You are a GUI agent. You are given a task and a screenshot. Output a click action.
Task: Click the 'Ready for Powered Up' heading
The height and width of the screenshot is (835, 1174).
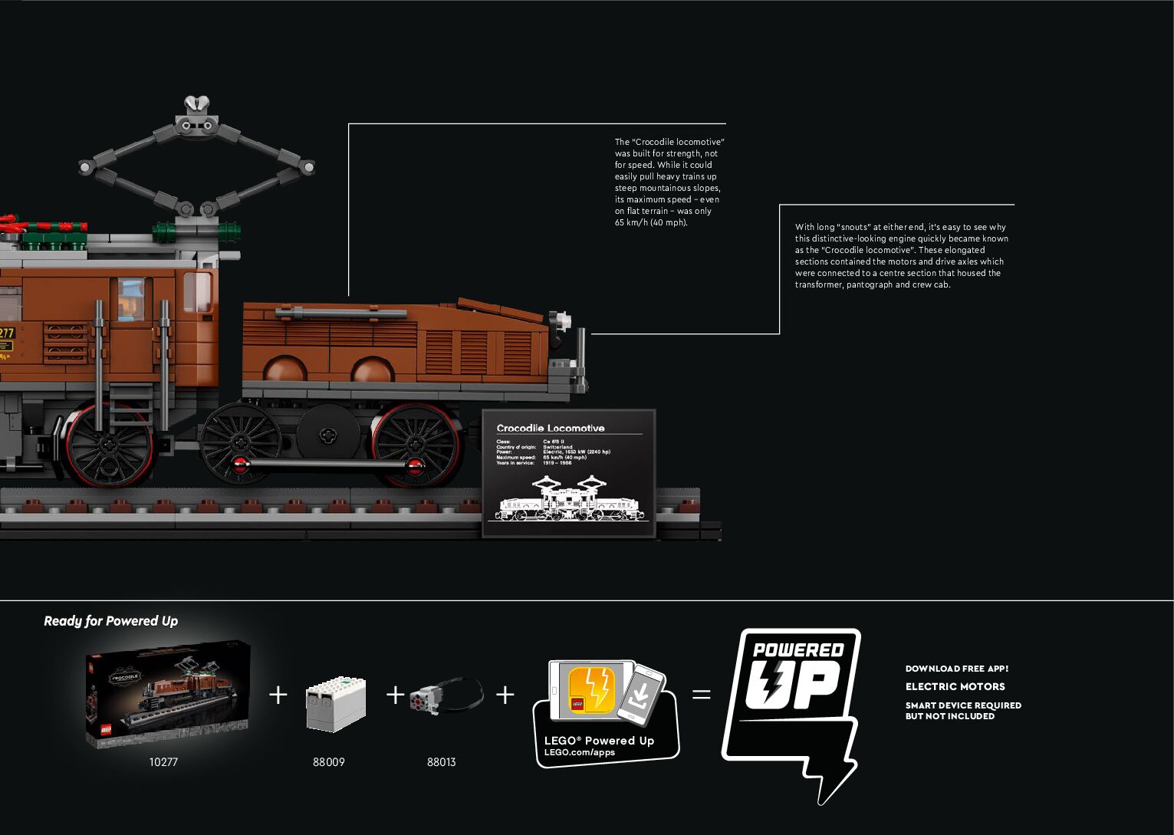pos(110,621)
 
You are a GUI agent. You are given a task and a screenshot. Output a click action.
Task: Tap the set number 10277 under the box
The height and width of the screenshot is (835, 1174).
pos(163,762)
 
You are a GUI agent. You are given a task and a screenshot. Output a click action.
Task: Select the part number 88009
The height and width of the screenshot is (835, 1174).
pos(328,762)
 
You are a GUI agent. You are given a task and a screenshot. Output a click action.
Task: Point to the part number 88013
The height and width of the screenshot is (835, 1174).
pos(441,762)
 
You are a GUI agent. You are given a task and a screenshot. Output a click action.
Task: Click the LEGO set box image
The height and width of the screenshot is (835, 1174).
pos(168,694)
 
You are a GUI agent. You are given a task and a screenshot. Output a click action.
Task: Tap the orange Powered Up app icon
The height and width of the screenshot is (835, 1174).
pos(590,689)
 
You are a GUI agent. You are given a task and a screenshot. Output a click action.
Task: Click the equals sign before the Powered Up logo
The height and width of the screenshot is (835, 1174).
pos(701,695)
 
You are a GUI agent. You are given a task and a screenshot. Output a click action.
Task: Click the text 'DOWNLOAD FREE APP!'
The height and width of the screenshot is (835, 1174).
pos(956,669)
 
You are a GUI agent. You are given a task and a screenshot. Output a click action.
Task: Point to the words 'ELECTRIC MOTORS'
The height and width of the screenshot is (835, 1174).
pos(955,687)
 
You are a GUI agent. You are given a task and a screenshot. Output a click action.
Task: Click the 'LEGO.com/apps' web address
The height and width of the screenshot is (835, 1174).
pos(579,752)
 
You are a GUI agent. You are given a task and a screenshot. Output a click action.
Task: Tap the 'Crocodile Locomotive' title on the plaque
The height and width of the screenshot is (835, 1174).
pos(550,429)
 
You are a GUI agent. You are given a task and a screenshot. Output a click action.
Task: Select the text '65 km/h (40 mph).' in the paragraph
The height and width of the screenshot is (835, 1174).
pos(651,223)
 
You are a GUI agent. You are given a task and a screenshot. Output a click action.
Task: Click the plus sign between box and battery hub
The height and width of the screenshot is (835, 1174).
pos(278,695)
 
